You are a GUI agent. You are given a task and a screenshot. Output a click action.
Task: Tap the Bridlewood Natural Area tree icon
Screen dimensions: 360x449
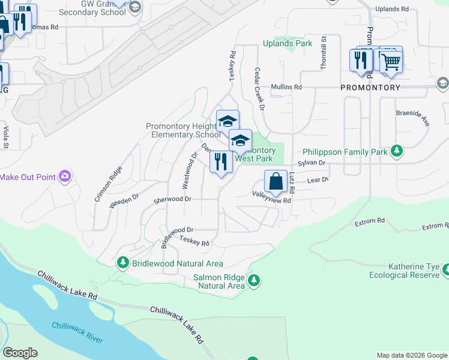click(123, 263)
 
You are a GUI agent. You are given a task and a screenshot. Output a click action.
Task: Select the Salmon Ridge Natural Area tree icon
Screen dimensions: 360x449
click(254, 280)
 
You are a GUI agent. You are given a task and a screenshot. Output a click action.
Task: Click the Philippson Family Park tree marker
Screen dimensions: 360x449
click(396, 152)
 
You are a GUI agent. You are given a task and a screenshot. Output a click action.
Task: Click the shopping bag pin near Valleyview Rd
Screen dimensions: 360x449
click(275, 182)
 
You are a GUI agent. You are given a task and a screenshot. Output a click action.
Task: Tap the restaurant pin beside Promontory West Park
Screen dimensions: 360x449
click(221, 162)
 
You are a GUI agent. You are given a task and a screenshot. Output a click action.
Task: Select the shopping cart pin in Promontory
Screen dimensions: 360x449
click(391, 61)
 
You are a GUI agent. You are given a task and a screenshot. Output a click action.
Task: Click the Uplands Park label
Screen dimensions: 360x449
click(288, 44)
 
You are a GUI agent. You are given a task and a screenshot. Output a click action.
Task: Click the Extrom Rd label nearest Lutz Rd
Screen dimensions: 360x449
click(369, 221)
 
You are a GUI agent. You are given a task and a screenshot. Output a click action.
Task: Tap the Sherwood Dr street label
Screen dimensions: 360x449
click(172, 199)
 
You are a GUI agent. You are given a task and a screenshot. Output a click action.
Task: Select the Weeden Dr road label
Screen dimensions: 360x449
click(124, 200)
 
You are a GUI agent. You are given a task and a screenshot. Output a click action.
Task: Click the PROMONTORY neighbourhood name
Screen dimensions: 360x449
click(370, 88)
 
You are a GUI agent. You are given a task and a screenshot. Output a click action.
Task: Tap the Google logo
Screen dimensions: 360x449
click(20, 353)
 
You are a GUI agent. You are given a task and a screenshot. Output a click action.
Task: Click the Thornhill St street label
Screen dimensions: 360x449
click(323, 53)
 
